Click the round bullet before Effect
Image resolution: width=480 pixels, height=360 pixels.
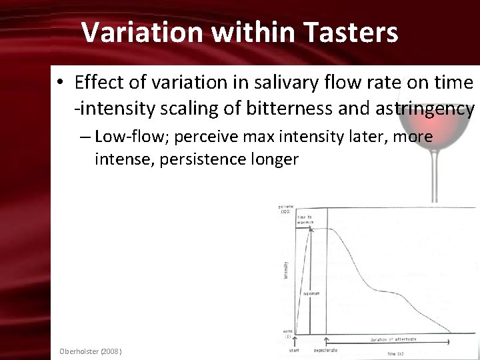(60, 83)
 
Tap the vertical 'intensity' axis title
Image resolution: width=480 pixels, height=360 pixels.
(286, 269)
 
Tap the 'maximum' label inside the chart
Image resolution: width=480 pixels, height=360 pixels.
(311, 293)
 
